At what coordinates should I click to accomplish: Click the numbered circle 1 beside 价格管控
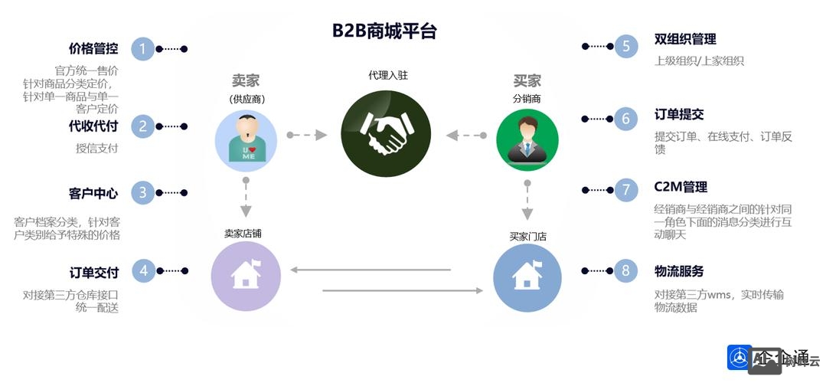[x=142, y=49]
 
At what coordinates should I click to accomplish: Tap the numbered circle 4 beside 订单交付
[x=143, y=270]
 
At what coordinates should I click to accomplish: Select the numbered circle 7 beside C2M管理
[x=625, y=189]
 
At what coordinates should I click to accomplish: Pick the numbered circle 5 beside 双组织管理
[x=625, y=46]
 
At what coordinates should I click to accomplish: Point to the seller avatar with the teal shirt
[x=246, y=139]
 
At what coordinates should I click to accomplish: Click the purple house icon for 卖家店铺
[x=246, y=277]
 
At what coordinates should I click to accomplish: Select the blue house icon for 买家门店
[x=527, y=277]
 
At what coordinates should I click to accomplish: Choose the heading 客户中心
[x=93, y=193]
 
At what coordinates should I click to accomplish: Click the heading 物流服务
[x=679, y=270]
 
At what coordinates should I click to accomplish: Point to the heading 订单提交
[x=679, y=115]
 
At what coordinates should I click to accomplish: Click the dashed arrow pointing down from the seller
[x=246, y=198]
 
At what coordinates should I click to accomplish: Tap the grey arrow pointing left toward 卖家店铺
[x=371, y=269]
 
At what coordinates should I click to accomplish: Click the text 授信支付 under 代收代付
[x=96, y=148]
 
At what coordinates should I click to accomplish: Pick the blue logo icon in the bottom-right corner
[x=739, y=358]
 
